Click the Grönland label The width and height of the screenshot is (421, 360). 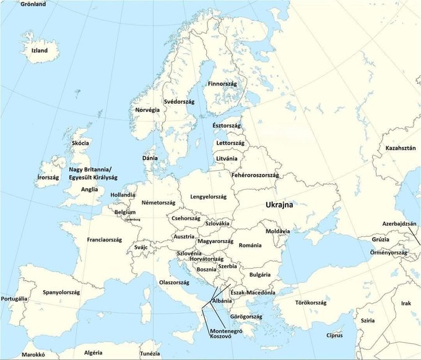pos(32,4)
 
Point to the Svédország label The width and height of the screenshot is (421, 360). pos(179,101)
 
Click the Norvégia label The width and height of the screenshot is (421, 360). pos(147,110)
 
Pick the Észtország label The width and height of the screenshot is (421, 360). pos(227,126)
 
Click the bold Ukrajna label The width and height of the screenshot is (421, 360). pos(279,204)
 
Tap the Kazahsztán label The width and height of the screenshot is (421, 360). pos(400,148)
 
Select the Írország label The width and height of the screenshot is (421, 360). pos(48,178)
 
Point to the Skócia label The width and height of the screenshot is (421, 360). pos(80,143)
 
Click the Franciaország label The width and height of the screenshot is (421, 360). pos(105,239)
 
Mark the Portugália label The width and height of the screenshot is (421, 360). pos(14,299)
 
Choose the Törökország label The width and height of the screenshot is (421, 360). pos(310,302)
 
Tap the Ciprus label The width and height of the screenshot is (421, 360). pos(338,335)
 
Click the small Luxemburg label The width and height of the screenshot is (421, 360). pos(132,220)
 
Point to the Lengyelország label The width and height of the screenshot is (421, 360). pos(208,197)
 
